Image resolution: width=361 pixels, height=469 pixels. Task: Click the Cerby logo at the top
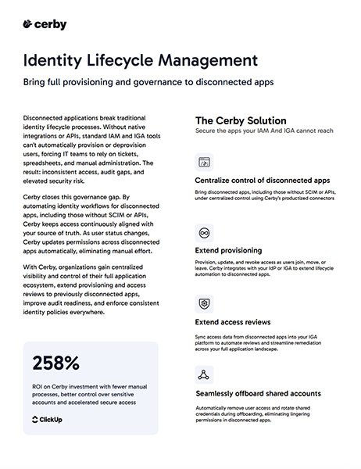pos(45,25)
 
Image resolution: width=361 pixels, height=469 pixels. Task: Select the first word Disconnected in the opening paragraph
pos(45,115)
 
